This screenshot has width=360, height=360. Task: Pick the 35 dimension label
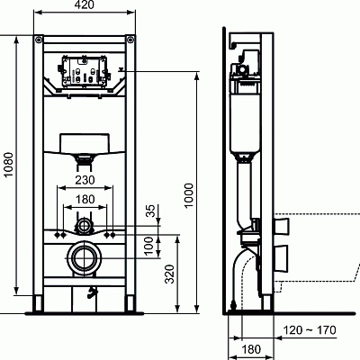[x=150, y=212]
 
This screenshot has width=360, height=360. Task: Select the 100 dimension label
[x=150, y=244]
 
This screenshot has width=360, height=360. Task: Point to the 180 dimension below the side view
[x=252, y=348]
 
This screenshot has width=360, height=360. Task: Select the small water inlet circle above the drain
[x=84, y=223]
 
